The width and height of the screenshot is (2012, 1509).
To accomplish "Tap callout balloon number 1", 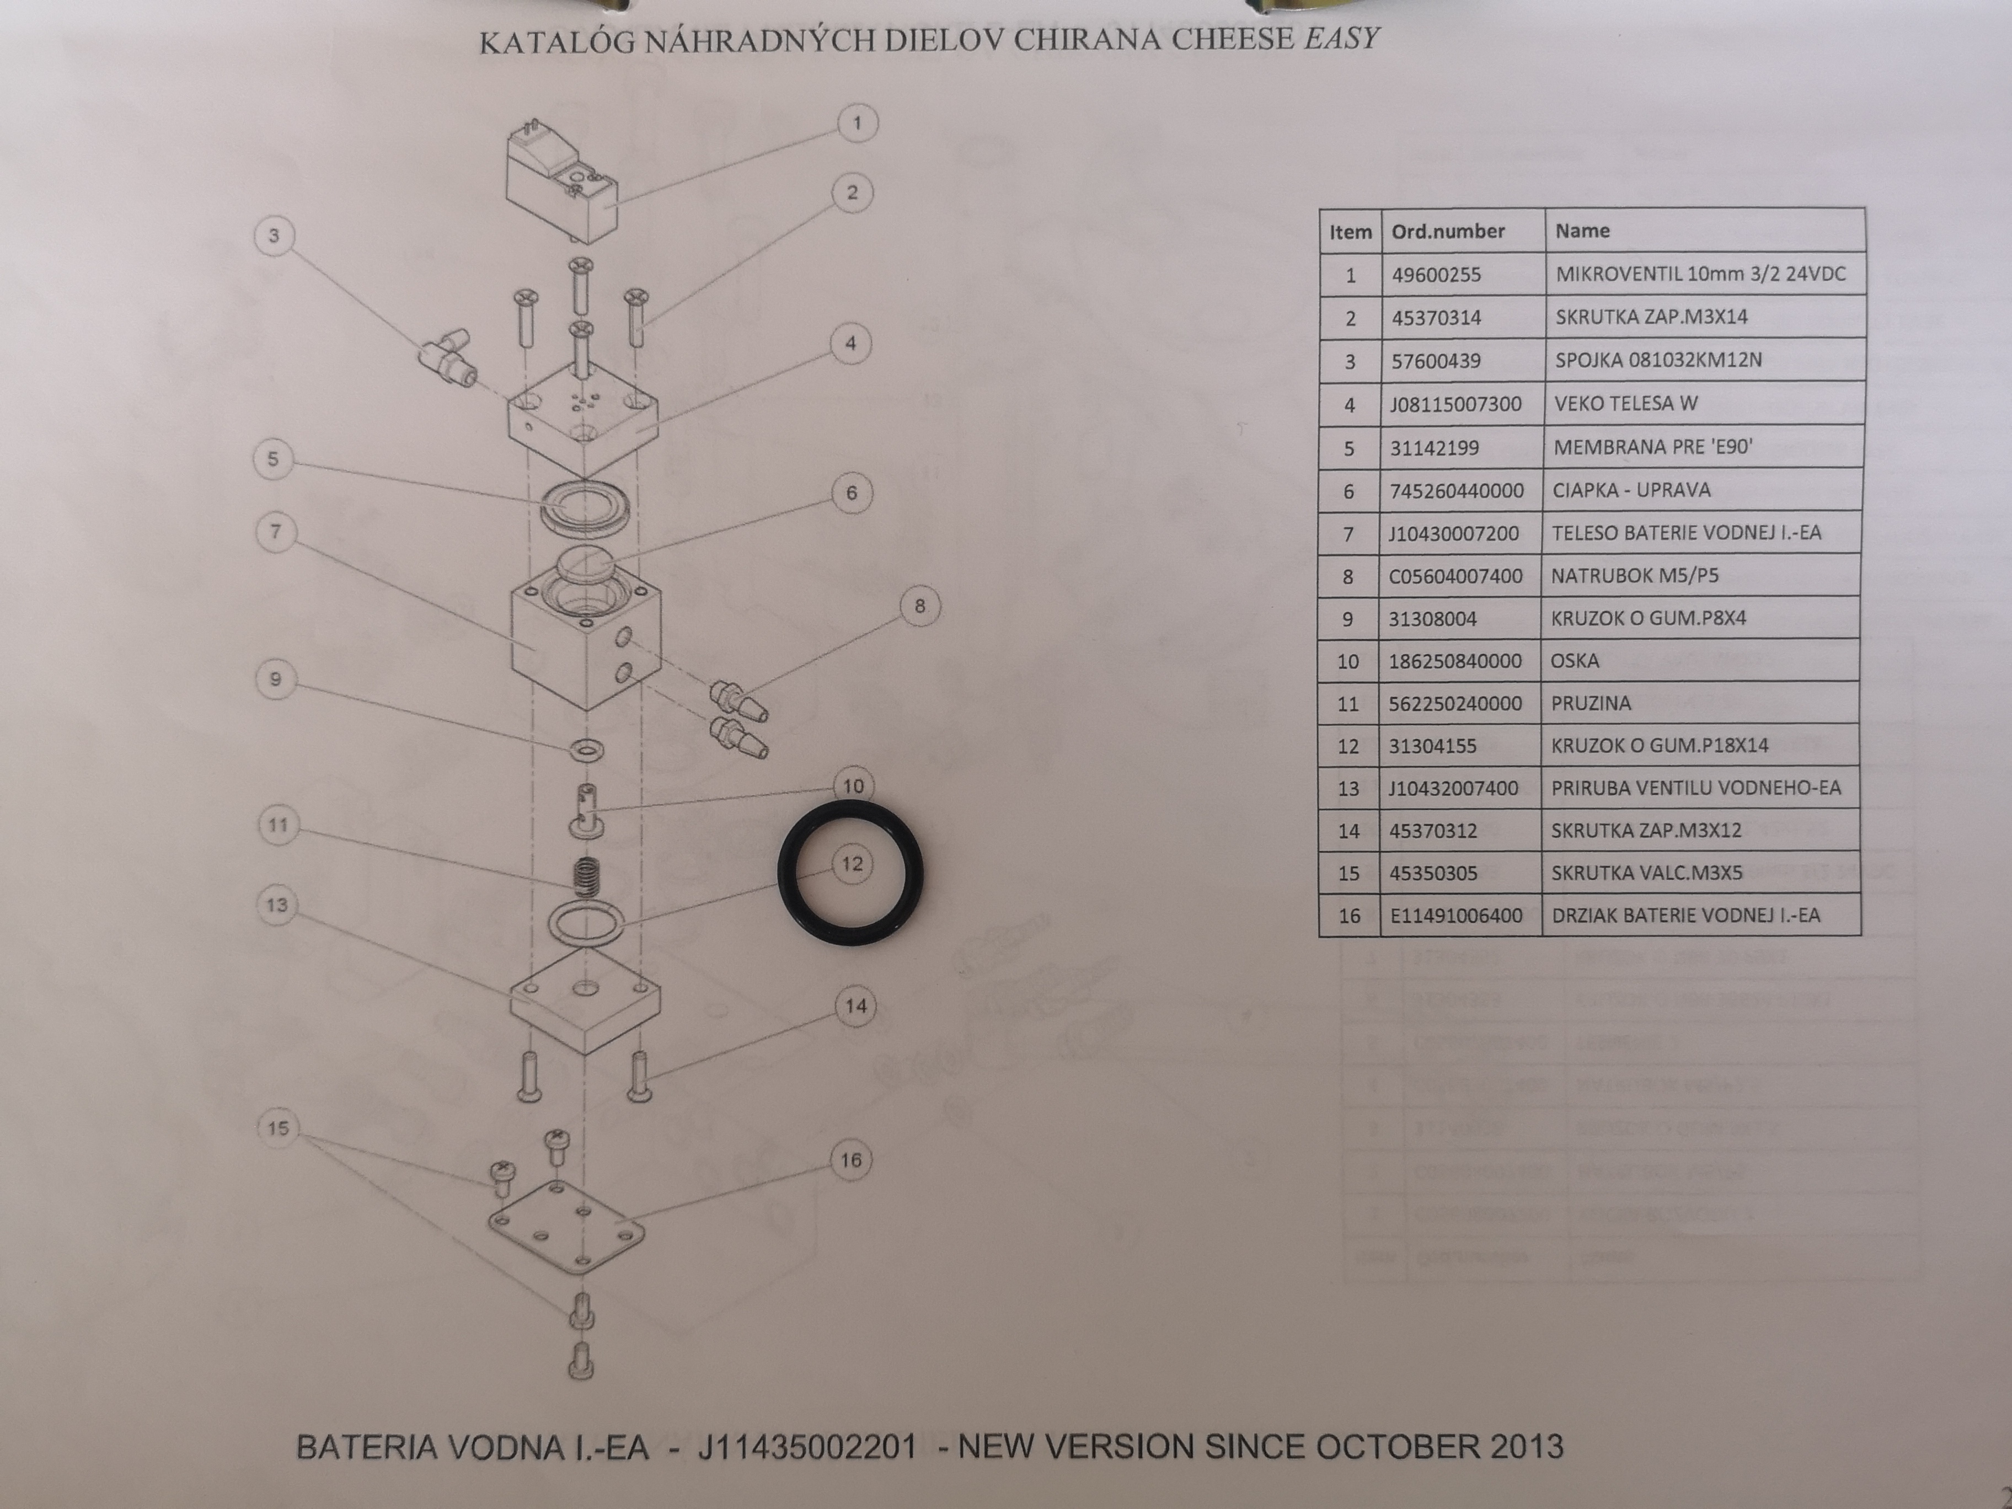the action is pos(856,123).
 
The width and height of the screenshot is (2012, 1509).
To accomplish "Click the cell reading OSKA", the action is pos(1575,660).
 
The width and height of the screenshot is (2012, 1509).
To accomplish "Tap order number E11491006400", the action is pos(1456,915).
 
